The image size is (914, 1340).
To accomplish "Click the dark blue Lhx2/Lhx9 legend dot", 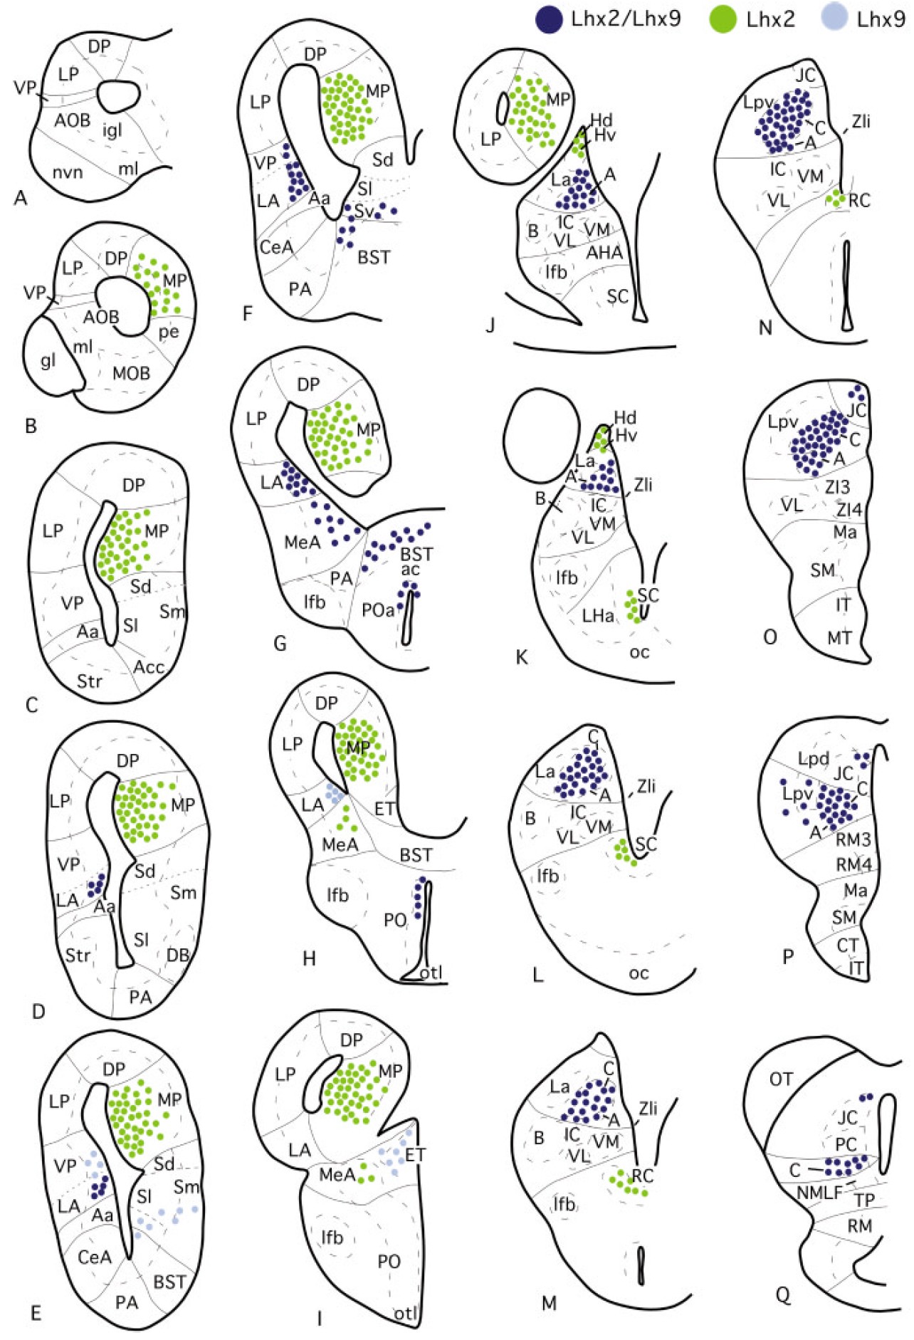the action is coord(549,19).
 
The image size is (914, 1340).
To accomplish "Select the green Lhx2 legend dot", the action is coord(723,19).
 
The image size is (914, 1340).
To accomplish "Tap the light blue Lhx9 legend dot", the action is coord(834,19).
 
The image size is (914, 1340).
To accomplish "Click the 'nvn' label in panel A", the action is coord(68,172).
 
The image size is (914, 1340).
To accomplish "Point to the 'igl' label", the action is coord(112,130).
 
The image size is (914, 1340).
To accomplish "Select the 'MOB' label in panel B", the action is coord(132,372).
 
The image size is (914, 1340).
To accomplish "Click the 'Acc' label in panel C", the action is coord(149,666).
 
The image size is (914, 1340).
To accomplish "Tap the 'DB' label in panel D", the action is coord(178,955).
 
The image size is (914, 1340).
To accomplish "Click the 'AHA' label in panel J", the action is coord(604,252).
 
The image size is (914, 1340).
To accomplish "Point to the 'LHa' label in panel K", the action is coord(598,614).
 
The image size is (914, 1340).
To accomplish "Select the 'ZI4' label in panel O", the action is coord(849,509).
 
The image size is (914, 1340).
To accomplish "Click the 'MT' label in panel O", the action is coord(839,637).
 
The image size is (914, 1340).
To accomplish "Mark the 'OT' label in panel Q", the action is coord(781,1079).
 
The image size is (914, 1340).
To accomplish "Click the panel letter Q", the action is coord(783,1295).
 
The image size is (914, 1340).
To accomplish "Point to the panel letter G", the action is coord(280,643).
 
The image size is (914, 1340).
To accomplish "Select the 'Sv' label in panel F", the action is coord(364,211).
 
